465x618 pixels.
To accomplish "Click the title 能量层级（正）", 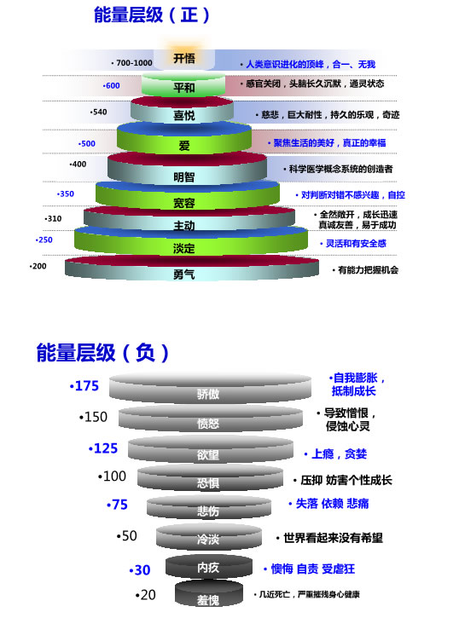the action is (152, 15).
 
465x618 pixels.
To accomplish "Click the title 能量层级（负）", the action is (102, 352).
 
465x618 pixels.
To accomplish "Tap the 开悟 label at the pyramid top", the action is (184, 59).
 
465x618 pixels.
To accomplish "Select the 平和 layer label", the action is (184, 88).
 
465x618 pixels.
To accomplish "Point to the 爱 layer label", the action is (184, 146).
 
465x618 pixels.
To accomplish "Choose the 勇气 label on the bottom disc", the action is (184, 274).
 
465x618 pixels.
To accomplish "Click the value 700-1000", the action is (132, 63).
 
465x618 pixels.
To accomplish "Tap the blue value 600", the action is (111, 85).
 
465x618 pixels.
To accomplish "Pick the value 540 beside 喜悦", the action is (99, 112).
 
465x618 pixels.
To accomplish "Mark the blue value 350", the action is (66, 193).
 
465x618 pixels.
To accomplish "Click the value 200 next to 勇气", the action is (38, 266).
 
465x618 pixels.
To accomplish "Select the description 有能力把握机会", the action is (366, 270).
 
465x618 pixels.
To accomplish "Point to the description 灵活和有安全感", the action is (353, 244).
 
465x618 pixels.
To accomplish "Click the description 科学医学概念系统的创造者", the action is (339, 169).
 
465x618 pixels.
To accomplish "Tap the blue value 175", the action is (84, 386).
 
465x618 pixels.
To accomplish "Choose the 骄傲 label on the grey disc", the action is (208, 394).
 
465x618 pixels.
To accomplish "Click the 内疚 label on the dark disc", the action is (208, 568).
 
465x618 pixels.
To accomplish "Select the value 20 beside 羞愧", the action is (146, 595).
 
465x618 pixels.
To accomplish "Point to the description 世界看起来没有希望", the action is (329, 538).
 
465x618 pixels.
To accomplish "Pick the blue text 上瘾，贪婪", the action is (335, 454).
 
